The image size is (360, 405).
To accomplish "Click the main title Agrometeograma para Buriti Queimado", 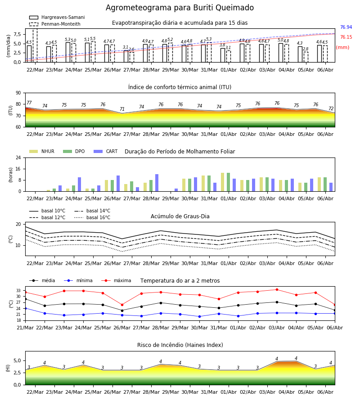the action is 180,8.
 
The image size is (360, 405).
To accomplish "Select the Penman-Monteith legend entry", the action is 55,24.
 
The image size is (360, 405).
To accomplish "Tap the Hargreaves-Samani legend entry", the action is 57,17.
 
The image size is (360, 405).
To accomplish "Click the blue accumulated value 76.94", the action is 346,27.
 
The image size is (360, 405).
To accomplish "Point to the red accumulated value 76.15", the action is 346,37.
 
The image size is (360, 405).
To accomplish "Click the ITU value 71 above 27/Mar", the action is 122,109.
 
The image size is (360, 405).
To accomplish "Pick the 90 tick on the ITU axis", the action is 18,93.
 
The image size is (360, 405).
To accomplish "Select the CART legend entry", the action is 106,151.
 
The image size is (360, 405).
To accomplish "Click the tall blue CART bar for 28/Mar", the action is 157,183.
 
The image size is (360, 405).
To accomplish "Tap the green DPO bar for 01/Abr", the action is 228,182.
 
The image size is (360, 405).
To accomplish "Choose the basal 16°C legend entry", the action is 92,217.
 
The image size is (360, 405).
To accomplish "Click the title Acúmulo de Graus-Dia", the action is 180,216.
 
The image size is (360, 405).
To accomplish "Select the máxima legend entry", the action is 116,280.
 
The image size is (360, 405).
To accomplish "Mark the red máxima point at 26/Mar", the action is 122,305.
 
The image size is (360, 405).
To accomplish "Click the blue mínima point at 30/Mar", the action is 200,316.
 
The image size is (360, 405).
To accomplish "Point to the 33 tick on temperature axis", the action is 18,291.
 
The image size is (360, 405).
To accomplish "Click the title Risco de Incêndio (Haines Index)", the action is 180,345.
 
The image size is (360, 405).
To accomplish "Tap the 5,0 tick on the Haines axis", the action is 17,360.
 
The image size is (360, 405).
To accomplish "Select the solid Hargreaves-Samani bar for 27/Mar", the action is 126,56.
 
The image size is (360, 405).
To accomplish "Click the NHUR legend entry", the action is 42,151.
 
